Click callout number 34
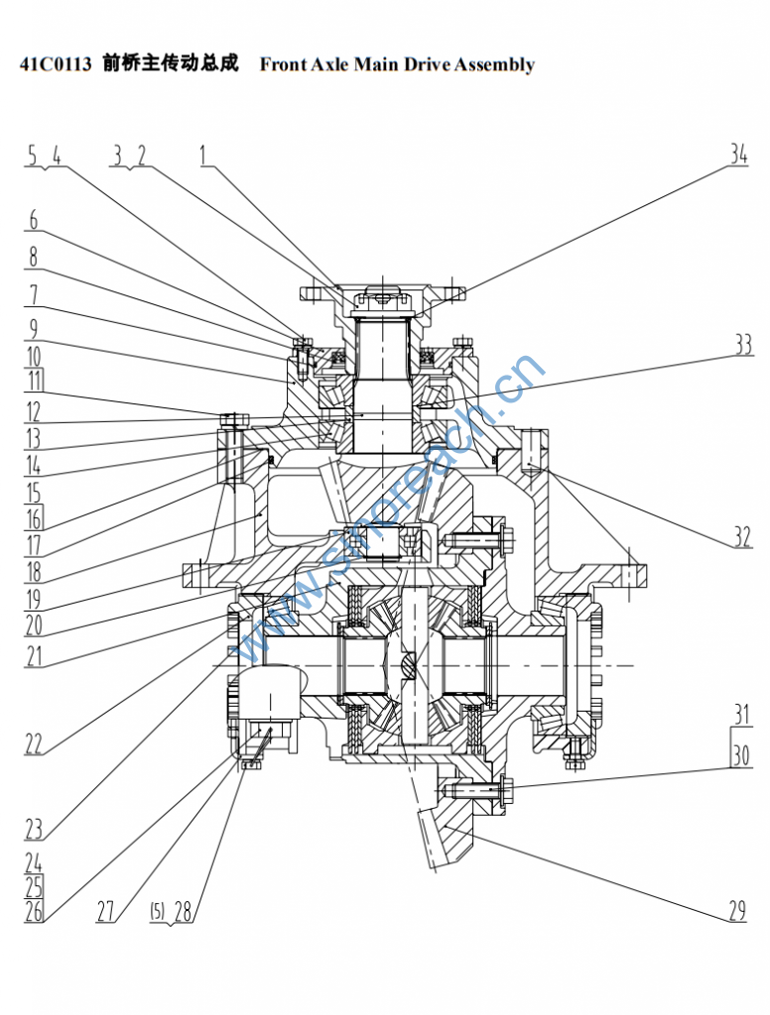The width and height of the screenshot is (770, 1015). pyautogui.click(x=739, y=155)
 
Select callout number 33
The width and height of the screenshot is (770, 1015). pyautogui.click(x=743, y=345)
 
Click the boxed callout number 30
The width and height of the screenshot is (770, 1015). pyautogui.click(x=741, y=754)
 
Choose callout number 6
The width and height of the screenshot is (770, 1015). pyautogui.click(x=33, y=220)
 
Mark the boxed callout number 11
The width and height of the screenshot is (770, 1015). pyautogui.click(x=34, y=380)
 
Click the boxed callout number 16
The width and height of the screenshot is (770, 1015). pyautogui.click(x=33, y=518)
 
